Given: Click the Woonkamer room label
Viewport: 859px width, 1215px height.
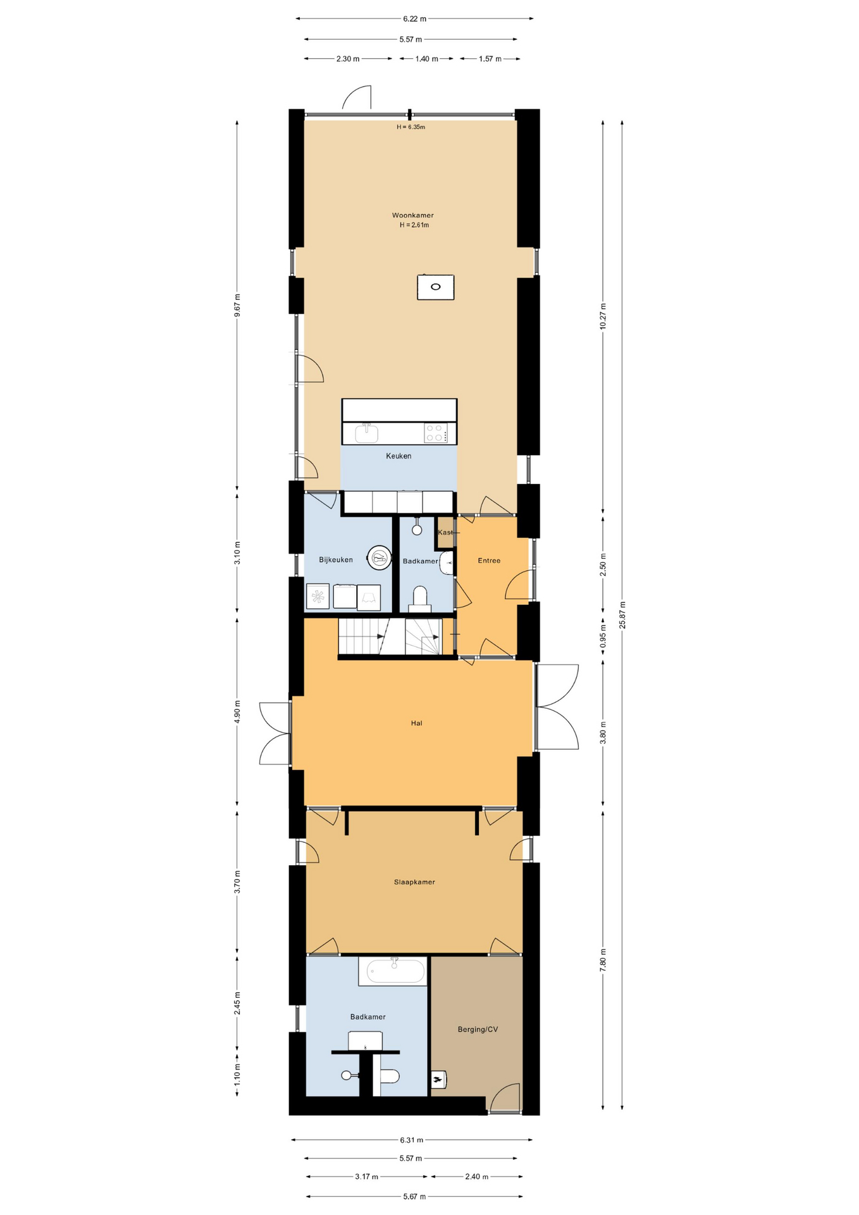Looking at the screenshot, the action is pos(412,215).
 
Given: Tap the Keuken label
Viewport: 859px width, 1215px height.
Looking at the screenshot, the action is pos(399,456).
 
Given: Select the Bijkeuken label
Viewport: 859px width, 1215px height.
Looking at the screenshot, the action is pos(336,559).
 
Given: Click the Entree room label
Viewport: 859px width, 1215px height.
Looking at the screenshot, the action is pos(489,561).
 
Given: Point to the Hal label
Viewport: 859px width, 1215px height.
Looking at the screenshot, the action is pos(416,723).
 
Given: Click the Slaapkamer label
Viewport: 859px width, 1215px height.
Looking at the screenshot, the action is pos(414,882).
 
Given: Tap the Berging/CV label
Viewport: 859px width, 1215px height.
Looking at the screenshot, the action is pos(478,1029).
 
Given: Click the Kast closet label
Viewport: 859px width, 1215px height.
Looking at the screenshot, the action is pos(445,532).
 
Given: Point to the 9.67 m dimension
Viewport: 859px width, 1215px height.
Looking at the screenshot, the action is pos(237,304).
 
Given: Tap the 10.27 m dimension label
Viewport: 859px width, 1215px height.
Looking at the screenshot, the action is pos(603,316).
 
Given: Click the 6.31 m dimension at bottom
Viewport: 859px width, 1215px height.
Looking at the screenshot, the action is pos(411,1140).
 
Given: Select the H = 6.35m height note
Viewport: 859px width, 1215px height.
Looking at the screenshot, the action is pos(411,127).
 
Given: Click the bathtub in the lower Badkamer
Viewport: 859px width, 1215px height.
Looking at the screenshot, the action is pos(392,971).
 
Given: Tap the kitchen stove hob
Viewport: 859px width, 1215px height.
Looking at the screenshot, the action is pos(436,433).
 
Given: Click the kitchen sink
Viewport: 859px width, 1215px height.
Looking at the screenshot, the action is pos(366,433).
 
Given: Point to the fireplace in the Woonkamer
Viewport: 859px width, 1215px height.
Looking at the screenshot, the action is pos(435,287).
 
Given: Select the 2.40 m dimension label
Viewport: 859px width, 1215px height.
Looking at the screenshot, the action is pos(476,1176).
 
